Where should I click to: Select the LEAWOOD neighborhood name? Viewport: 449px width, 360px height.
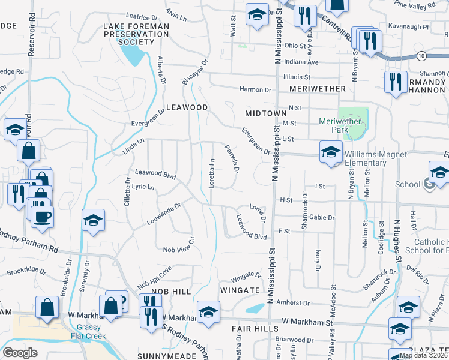click(x=187, y=107)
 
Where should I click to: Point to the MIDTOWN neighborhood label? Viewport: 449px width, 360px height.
click(x=266, y=113)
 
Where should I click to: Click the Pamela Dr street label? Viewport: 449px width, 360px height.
click(x=232, y=159)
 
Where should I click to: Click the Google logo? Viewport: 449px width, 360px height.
click(x=19, y=352)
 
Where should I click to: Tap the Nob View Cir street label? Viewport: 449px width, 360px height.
click(x=180, y=249)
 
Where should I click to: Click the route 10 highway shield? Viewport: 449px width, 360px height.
click(x=423, y=56)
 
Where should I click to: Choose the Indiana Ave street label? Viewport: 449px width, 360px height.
click(x=301, y=62)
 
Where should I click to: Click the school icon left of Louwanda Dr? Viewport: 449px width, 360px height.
click(x=94, y=221)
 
